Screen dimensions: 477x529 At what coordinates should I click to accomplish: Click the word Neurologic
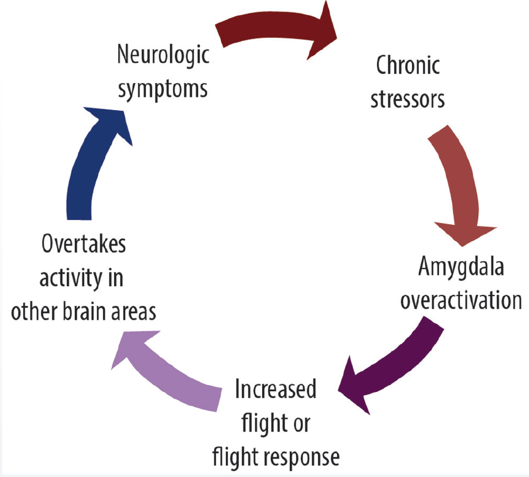click(163, 58)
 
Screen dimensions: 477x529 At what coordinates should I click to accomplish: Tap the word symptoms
click(163, 89)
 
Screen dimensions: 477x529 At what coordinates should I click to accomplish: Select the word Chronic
click(408, 66)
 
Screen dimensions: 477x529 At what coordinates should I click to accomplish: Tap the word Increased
click(276, 390)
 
